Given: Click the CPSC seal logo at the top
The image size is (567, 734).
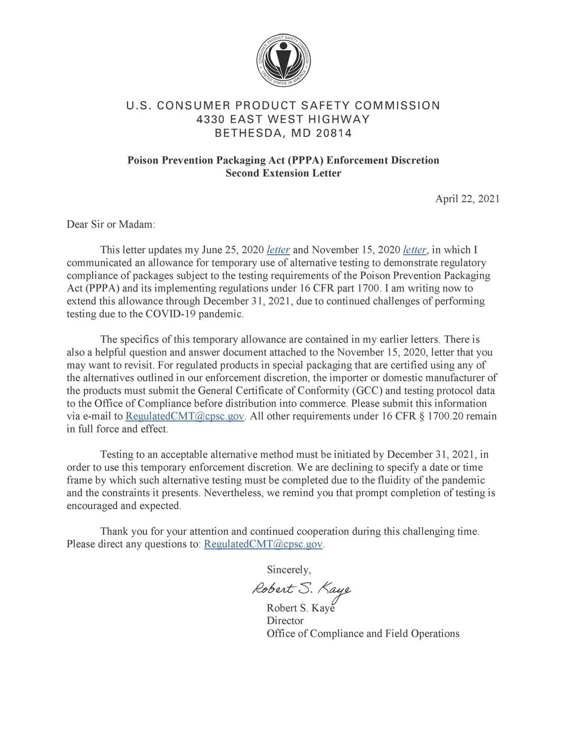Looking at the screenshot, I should (x=283, y=63).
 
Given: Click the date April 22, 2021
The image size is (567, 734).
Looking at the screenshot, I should (x=467, y=199).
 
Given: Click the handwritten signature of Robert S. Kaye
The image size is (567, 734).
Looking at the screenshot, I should (x=302, y=589).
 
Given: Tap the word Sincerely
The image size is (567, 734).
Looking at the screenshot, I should (x=289, y=570).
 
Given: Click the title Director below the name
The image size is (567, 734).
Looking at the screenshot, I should (x=285, y=621).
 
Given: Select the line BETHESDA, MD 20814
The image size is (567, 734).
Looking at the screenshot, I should (x=283, y=133).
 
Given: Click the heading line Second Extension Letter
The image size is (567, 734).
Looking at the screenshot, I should (x=283, y=173).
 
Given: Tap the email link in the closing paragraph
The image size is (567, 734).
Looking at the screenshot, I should (x=263, y=544).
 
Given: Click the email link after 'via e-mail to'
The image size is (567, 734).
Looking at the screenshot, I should (x=185, y=417).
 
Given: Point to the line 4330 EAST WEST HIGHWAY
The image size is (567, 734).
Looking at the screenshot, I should (x=283, y=119).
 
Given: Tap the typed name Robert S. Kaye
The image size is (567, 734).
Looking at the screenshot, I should (x=301, y=608).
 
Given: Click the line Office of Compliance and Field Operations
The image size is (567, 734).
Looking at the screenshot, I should (x=363, y=634).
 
